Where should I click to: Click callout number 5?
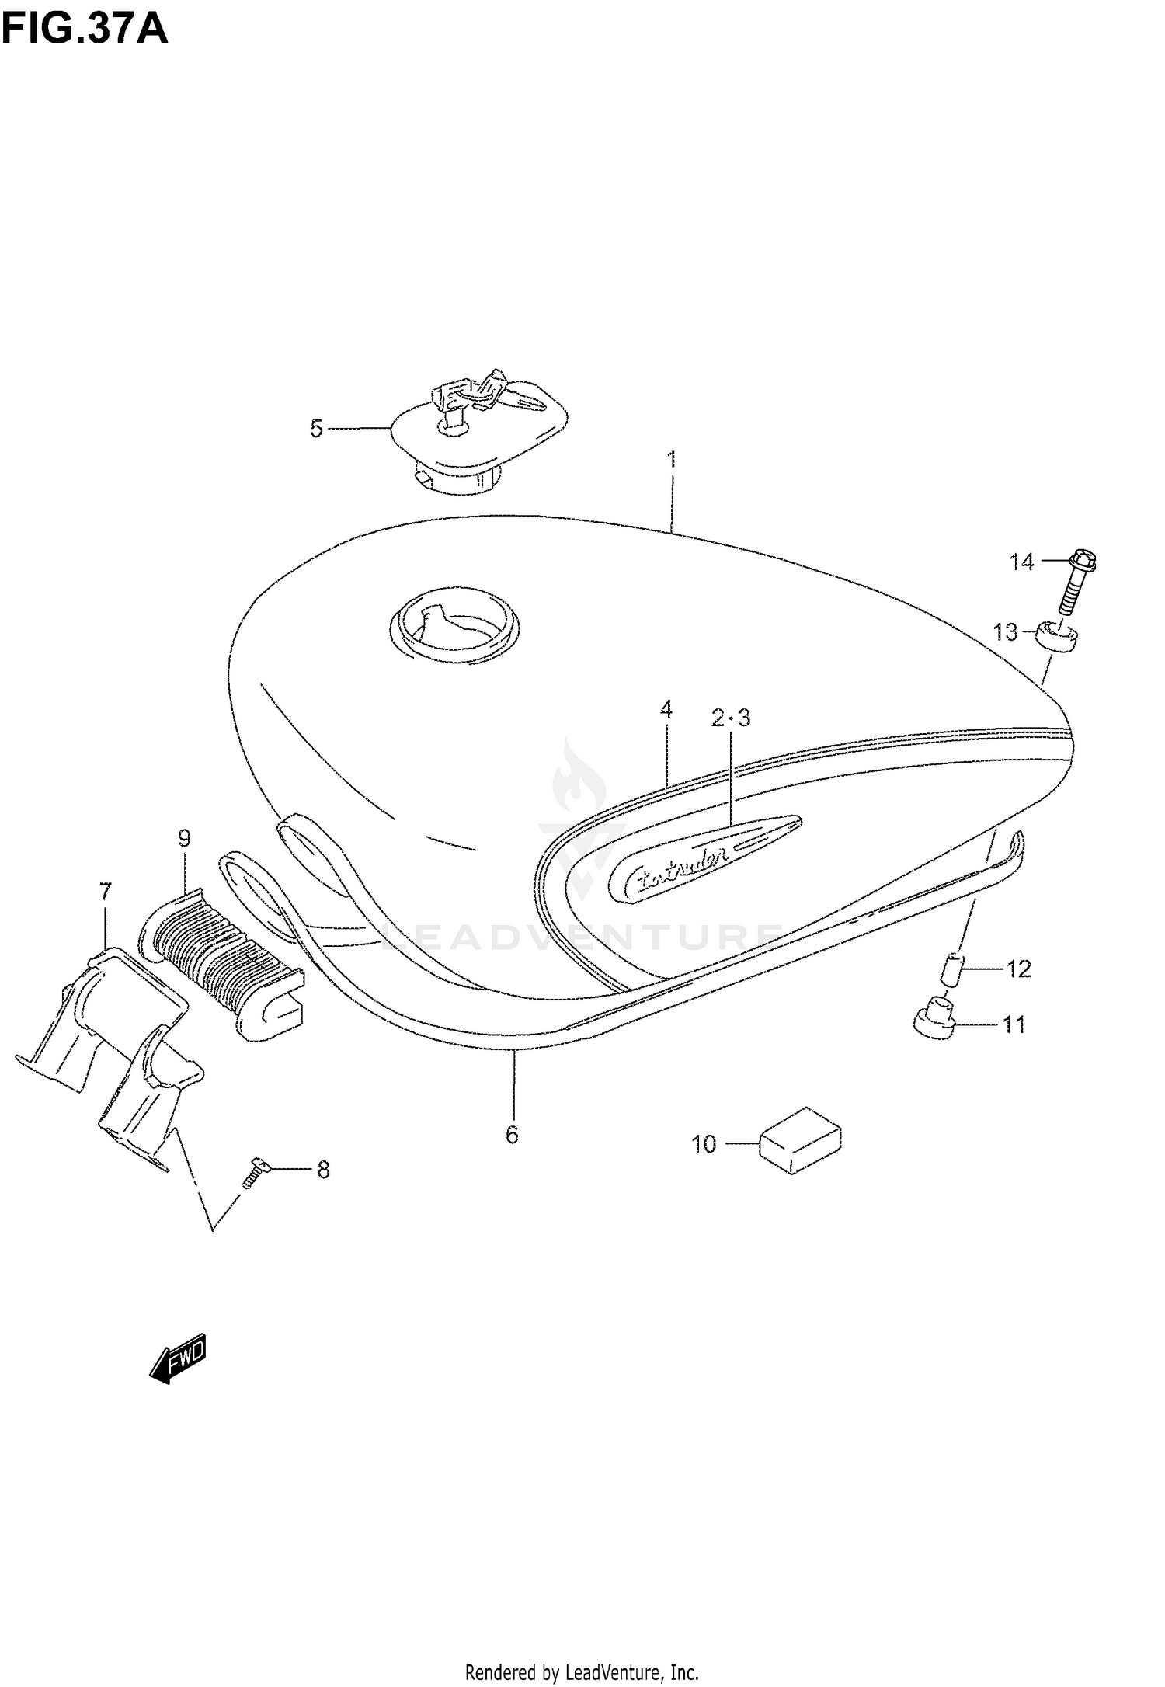(x=316, y=429)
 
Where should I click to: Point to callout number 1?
(x=672, y=460)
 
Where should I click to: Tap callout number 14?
(x=1022, y=562)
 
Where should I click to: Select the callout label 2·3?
(x=731, y=718)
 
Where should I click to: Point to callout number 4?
(x=666, y=709)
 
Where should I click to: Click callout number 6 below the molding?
(x=512, y=1136)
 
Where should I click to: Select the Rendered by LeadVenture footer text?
(x=582, y=1667)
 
